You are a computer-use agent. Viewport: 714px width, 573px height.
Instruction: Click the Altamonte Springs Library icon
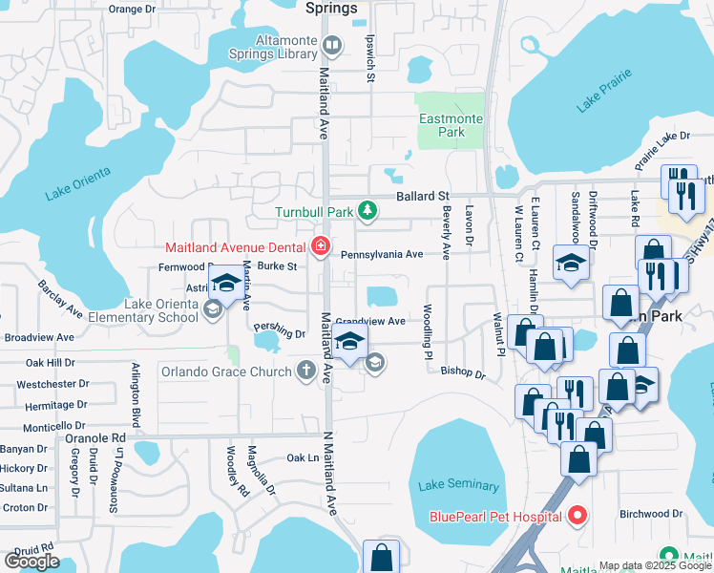click(332, 44)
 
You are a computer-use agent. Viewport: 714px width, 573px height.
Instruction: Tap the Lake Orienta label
click(78, 183)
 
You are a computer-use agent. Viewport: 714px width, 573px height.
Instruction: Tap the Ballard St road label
click(422, 196)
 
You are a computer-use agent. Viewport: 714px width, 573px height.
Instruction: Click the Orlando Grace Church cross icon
click(306, 370)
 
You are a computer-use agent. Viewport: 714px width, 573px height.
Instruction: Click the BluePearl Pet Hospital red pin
click(577, 517)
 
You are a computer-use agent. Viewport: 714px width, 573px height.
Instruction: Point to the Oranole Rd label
click(95, 438)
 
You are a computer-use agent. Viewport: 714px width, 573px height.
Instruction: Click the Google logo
click(32, 562)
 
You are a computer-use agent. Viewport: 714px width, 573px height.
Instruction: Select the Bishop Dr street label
click(463, 372)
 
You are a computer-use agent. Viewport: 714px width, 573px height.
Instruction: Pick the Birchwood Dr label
click(652, 513)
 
